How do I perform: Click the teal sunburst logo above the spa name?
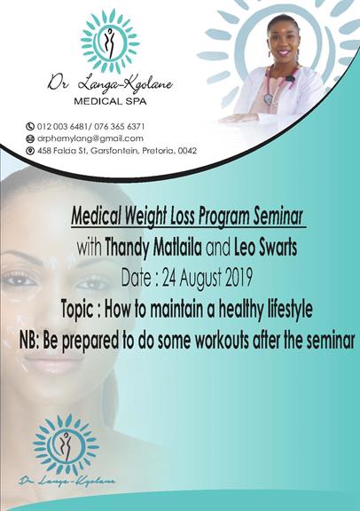tap(110, 42)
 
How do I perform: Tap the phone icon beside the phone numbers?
tap(30, 126)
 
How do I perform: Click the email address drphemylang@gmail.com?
tap(90, 138)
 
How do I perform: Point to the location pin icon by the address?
tap(30, 151)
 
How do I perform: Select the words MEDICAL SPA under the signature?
tap(110, 101)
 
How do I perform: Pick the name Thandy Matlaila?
tap(153, 248)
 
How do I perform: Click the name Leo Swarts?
tap(265, 248)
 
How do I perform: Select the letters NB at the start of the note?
tap(28, 341)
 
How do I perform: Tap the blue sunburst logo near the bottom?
tap(66, 444)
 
